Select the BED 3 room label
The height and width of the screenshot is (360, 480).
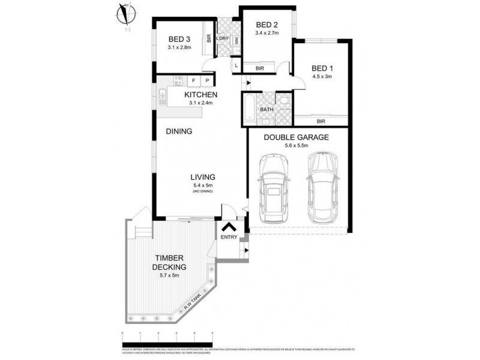178,40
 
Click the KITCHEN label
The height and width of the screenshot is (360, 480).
200,95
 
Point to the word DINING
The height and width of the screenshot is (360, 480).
179,131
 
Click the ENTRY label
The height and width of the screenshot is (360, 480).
229,238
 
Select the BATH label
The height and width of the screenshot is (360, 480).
267,110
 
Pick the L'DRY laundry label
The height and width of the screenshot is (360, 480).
222,40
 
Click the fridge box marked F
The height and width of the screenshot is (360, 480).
194,80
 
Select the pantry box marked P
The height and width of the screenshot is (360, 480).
207,80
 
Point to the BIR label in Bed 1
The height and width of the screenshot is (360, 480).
320,121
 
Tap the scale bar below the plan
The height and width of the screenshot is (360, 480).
167,334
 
